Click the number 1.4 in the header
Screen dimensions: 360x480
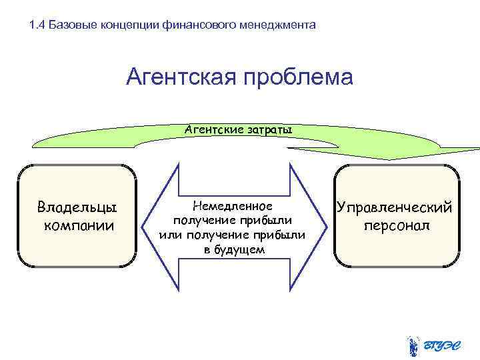[38, 26]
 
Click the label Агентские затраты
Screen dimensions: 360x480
[238, 129]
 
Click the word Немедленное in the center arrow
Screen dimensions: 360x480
[232, 207]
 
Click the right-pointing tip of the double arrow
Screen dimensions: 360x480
[323, 224]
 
